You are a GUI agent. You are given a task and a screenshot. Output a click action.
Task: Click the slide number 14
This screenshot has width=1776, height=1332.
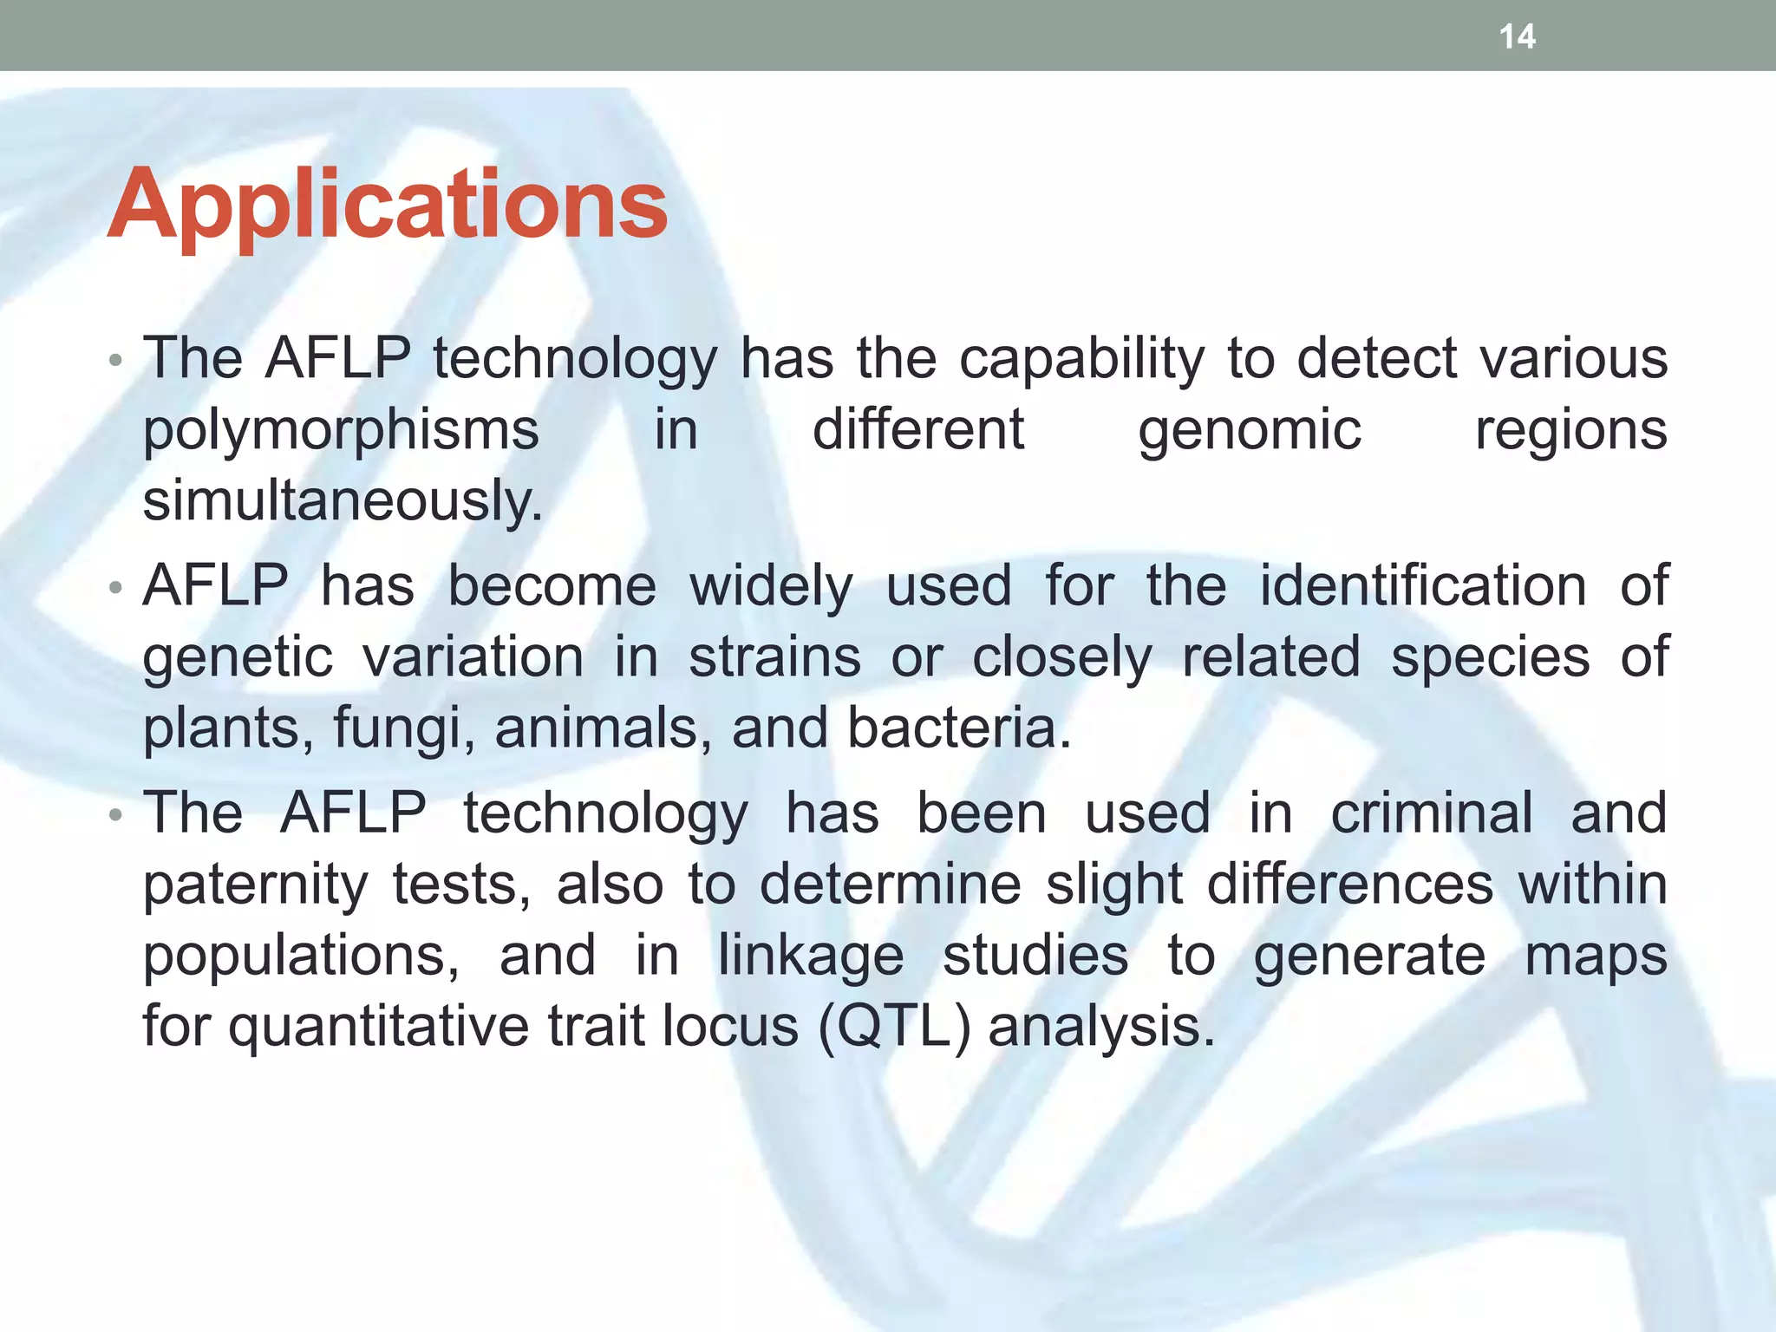pyautogui.click(x=1517, y=36)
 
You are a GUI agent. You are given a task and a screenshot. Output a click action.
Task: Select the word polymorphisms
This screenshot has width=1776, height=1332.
pyautogui.click(x=340, y=431)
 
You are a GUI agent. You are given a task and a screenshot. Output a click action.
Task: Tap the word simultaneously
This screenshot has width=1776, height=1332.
pyautogui.click(x=342, y=501)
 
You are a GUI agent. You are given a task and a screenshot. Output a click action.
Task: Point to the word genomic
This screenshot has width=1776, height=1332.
pyautogui.click(x=1249, y=431)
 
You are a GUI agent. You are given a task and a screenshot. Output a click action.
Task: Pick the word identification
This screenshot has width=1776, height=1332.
pyautogui.click(x=1423, y=586)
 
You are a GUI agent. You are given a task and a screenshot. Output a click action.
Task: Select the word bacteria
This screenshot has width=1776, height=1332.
pyautogui.click(x=957, y=728)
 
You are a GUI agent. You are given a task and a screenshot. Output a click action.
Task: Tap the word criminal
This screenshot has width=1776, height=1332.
pyautogui.click(x=1431, y=813)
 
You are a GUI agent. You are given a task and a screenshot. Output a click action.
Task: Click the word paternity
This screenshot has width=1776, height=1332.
pyautogui.click(x=255, y=886)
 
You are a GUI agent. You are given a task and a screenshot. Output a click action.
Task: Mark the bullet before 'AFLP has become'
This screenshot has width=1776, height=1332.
pyautogui.click(x=115, y=589)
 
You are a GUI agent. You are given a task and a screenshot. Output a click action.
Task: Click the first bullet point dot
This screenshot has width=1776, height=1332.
pyautogui.click(x=115, y=361)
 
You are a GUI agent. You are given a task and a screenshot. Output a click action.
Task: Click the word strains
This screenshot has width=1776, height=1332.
pyautogui.click(x=774, y=657)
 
